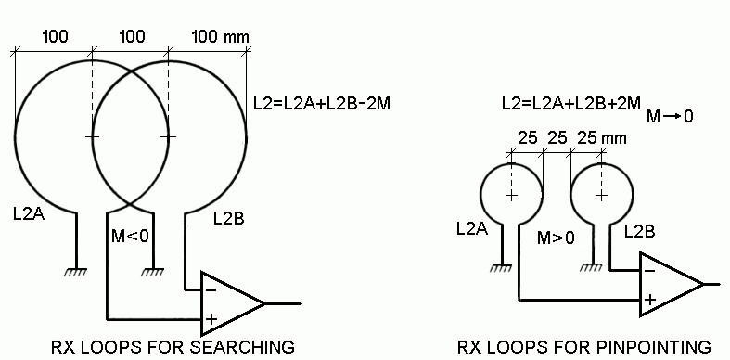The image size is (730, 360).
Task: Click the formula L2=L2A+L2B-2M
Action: pos(321,103)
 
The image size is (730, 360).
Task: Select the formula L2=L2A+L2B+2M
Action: pos(571,103)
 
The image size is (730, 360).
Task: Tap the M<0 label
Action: pos(131,236)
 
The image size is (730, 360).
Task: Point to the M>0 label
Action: pos(556,238)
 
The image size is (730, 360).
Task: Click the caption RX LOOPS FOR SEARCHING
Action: pos(173,347)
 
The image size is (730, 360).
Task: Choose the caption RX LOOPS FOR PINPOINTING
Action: pos(584,347)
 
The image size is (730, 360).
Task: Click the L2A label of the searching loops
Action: pos(29,214)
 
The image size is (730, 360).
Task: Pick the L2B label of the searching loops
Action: pos(228,218)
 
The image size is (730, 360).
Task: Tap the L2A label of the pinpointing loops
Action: pos(472,228)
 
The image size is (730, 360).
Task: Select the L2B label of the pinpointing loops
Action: pos(639,231)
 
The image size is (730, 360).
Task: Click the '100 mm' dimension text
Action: pos(220,37)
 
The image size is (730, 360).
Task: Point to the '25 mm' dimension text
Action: pos(601,138)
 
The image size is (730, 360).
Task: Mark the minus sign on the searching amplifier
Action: pos(211,290)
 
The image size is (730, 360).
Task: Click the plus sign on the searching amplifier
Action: pos(211,319)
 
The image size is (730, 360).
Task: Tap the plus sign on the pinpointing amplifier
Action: pos(649,300)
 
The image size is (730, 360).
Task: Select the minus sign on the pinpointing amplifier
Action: pos(650,271)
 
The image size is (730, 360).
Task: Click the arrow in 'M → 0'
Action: pos(672,116)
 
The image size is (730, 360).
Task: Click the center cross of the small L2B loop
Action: pos(601,195)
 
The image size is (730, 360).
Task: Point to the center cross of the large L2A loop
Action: pos(92,137)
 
